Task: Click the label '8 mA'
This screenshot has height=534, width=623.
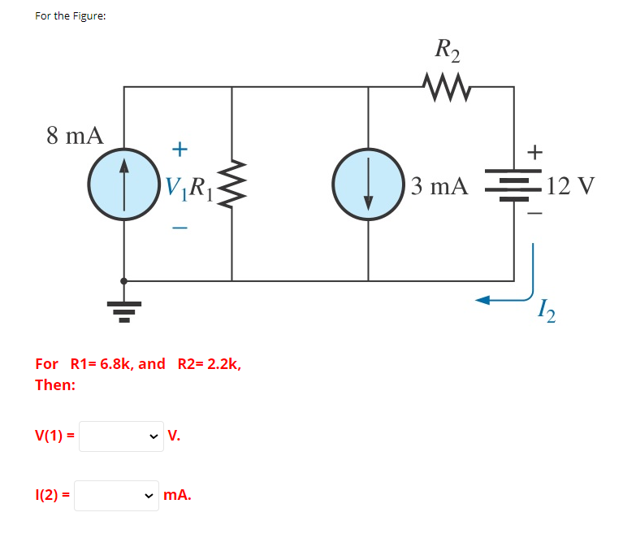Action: (x=75, y=136)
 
